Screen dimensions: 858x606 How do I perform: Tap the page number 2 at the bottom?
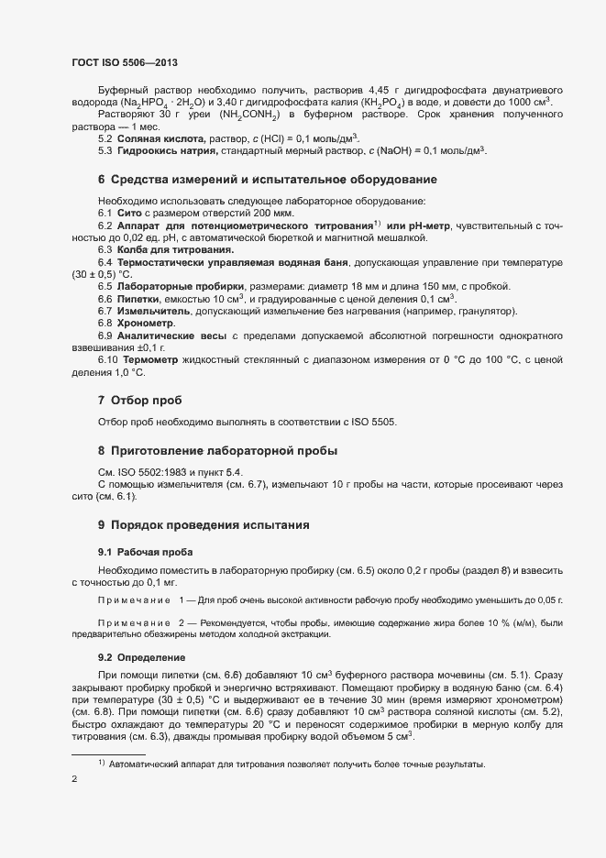pos(74,781)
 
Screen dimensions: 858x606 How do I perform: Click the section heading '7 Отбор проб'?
pos(139,401)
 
